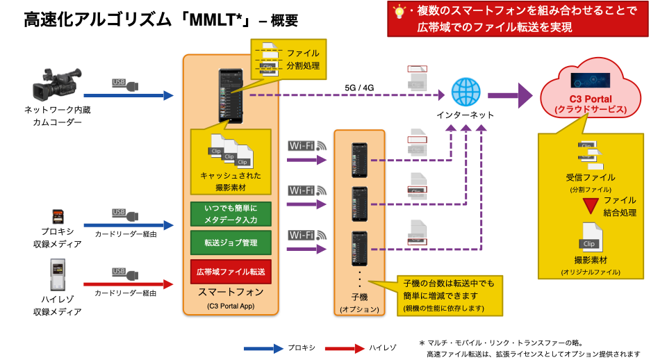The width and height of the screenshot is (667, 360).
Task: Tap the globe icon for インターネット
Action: pos(465,93)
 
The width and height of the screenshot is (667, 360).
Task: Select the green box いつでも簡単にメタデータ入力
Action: pos(231,213)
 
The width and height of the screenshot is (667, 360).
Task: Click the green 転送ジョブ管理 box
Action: pos(231,243)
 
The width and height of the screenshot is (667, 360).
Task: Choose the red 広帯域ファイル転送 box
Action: pos(231,272)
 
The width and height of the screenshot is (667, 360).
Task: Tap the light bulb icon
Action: pos(400,12)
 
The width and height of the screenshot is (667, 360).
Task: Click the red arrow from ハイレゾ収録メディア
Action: pos(129,284)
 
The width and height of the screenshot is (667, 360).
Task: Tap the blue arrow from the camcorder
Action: pos(129,95)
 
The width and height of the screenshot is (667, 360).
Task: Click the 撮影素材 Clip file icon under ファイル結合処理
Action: pos(590,237)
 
